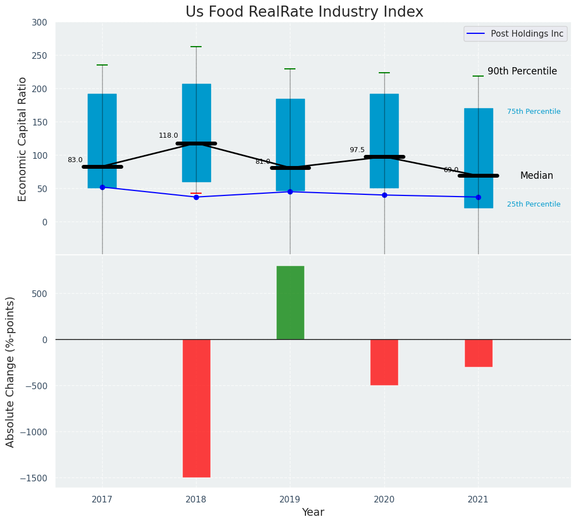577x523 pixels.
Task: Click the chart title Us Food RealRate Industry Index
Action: point(304,12)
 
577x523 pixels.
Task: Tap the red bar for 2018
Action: point(196,408)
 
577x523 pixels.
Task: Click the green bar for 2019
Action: point(290,303)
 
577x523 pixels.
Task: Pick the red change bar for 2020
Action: point(384,362)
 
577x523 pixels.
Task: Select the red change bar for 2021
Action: point(478,353)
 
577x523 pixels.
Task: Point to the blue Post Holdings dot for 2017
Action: point(102,187)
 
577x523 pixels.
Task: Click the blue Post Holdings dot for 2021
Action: point(478,197)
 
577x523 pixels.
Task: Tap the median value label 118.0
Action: point(168,135)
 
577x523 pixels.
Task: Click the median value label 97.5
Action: point(357,150)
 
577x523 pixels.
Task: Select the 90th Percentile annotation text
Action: point(522,71)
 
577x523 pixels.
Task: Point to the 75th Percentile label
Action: point(534,112)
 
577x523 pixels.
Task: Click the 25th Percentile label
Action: point(534,204)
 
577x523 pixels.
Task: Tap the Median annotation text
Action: point(536,175)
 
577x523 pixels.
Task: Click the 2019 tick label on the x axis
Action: point(290,500)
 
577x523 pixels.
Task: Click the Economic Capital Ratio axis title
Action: point(23,139)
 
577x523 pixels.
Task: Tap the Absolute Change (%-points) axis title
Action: point(11,371)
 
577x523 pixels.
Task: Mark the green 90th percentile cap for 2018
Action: point(196,47)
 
